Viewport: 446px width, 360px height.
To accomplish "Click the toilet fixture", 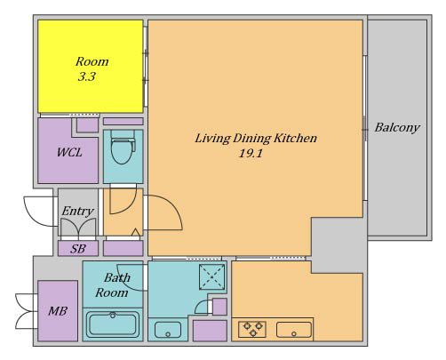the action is coord(123,147).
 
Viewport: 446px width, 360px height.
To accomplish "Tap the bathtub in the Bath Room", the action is coord(113,324).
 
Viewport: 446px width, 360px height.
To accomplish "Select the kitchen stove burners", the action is coord(252,329).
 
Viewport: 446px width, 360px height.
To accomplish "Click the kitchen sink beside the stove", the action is coord(294,330).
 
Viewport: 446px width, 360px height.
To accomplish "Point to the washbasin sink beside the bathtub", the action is coord(168,330).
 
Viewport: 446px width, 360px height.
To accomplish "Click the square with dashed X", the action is coord(212,277).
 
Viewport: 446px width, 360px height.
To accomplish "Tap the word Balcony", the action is coord(397,128).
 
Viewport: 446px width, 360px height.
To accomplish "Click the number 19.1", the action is coord(251,154).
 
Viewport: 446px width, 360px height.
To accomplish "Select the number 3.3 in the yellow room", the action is coord(87,76).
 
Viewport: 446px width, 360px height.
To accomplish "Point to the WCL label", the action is coord(69,153).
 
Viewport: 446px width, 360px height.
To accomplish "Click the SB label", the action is coord(78,249).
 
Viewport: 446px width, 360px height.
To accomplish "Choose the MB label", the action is coord(58,311).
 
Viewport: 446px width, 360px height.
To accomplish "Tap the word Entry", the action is coord(77,212).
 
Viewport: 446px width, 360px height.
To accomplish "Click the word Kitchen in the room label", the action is coord(295,138).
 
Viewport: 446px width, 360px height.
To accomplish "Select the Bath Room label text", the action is coord(112,285).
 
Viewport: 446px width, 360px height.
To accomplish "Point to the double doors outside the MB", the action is coord(26,311).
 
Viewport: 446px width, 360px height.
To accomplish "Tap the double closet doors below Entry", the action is coord(78,228).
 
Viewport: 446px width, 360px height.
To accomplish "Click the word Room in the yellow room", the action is coord(92,61).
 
